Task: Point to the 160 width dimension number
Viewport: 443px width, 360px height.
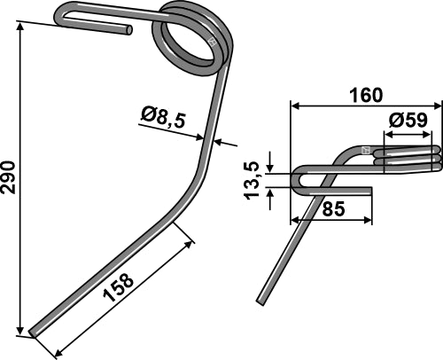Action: (362, 93)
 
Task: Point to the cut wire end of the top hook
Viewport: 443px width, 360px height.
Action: (129, 29)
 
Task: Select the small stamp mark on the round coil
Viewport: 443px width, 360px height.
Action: (212, 42)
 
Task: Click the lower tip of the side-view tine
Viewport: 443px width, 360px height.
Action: (260, 301)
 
